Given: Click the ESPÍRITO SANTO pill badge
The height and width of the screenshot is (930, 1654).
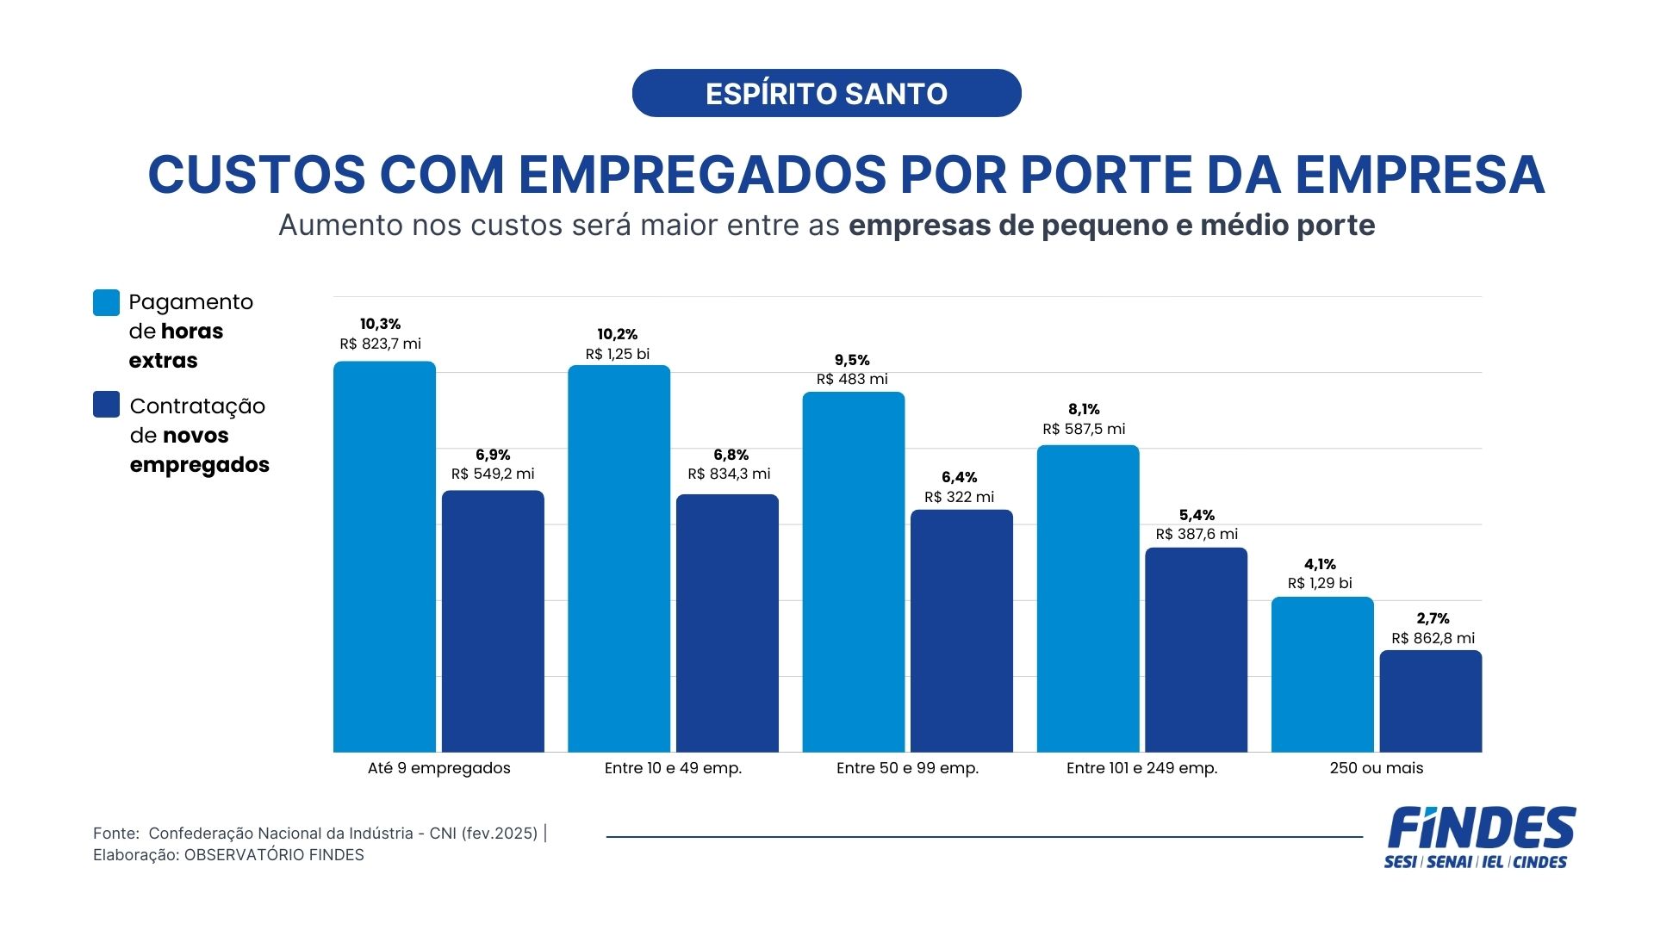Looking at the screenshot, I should [826, 93].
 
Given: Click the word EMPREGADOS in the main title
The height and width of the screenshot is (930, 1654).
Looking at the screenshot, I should [701, 175].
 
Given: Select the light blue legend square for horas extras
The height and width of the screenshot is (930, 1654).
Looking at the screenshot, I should [106, 303].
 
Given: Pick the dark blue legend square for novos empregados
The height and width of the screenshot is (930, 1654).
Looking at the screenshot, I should [106, 405].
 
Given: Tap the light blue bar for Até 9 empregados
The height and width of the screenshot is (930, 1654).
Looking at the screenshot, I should [384, 556].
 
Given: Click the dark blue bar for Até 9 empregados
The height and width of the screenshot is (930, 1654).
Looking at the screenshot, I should [493, 621].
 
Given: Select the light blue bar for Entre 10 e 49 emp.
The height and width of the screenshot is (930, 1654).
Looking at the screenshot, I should [619, 558].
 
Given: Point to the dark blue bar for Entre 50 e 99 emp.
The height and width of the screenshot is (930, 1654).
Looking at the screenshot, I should [961, 630].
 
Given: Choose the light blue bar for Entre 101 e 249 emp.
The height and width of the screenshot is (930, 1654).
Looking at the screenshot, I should [1087, 598].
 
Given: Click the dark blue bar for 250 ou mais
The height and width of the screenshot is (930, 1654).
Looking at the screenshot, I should [1430, 701].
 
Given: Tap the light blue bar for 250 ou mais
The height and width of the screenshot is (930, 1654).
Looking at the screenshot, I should [1322, 674].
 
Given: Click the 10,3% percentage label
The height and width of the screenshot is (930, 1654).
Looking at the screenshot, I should [380, 324].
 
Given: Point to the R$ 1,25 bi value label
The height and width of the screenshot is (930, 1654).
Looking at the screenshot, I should [617, 354].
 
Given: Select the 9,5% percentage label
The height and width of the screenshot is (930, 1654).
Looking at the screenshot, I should [852, 360].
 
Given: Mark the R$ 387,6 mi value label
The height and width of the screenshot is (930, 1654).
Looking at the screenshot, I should [1196, 534].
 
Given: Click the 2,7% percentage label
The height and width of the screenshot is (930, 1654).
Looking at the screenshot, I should [1433, 618].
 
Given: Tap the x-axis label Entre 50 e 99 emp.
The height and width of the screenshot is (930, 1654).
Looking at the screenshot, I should [907, 768].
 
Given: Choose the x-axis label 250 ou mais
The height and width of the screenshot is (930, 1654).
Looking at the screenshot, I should [1376, 768].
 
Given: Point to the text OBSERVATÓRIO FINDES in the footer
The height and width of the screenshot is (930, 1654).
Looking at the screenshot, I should [274, 855].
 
